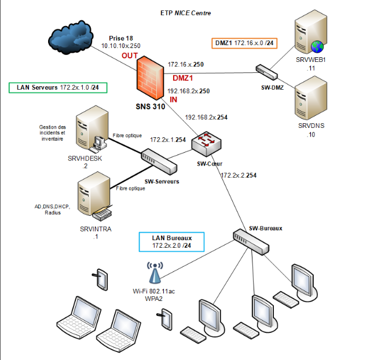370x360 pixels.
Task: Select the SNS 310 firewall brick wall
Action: [153, 77]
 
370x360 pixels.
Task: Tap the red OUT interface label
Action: [130, 56]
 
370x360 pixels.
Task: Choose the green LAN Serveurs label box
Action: [58, 87]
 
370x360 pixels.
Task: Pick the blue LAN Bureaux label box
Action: [172, 242]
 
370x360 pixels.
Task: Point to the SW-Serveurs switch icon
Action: [159, 161]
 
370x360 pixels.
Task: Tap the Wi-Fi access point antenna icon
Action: [154, 274]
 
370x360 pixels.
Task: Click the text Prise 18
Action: [120, 38]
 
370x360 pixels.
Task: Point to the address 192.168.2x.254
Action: [206, 117]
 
